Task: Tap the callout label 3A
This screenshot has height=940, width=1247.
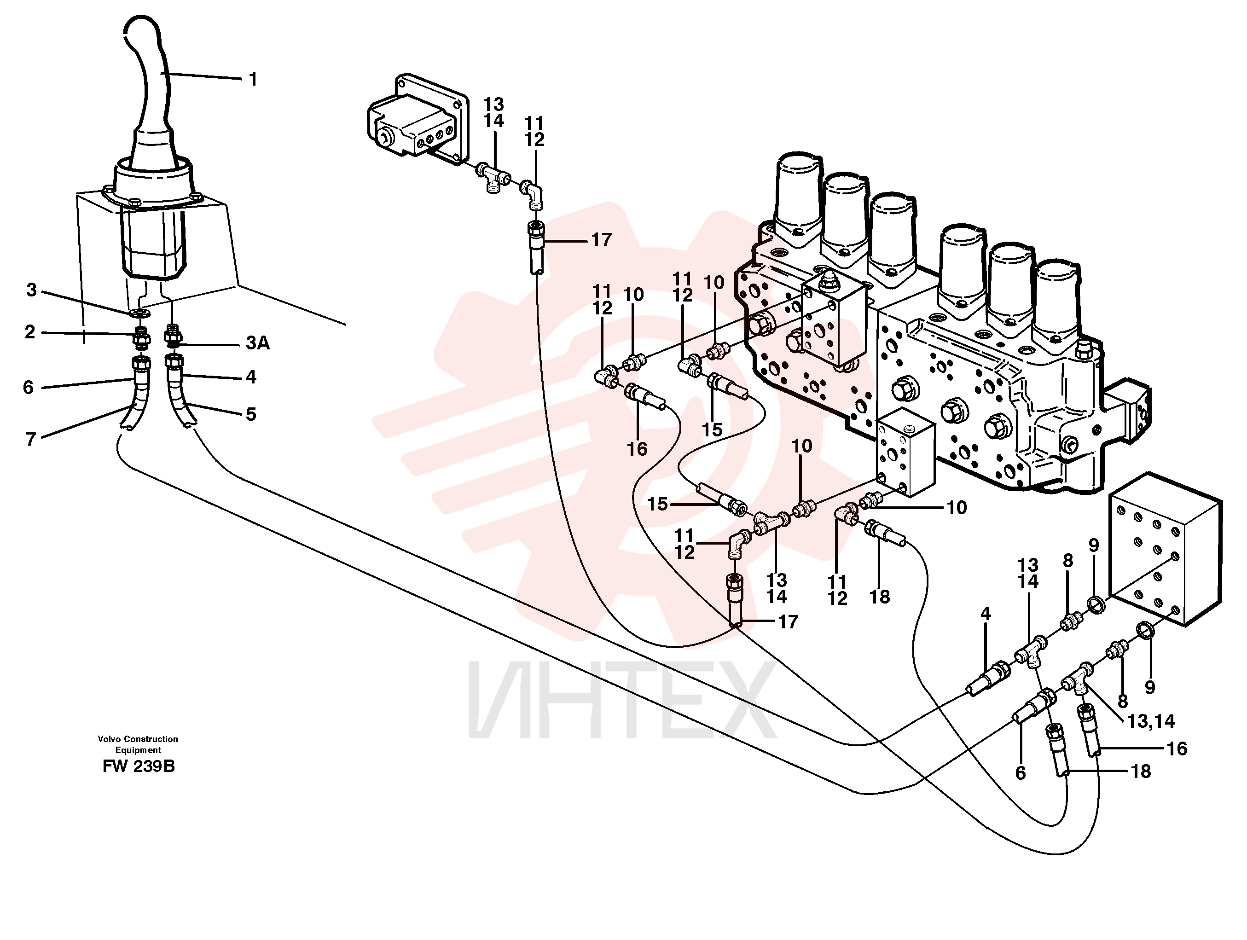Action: click(258, 343)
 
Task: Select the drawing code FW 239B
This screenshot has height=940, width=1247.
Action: click(139, 767)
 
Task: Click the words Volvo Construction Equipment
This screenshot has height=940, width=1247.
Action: click(138, 744)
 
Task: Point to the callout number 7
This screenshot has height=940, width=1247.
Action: click(31, 439)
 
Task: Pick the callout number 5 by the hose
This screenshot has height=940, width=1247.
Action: click(251, 414)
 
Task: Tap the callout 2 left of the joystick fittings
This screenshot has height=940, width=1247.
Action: click(30, 331)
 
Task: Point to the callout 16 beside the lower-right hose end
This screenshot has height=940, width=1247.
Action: click(1177, 749)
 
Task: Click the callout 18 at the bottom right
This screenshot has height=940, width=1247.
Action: click(1141, 772)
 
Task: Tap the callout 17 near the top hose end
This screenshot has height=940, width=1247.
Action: click(601, 240)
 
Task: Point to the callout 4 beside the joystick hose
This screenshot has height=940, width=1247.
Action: click(251, 377)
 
